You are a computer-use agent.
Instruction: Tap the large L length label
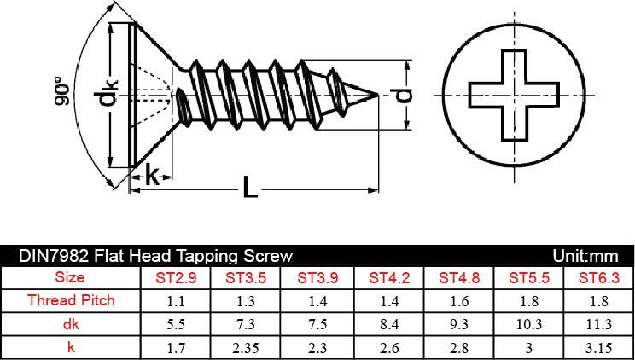249,187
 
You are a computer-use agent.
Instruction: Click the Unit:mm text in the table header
585,255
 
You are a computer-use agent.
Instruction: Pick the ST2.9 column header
175,277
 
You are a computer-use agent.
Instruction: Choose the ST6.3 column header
598,277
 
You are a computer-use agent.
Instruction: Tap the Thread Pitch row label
71,300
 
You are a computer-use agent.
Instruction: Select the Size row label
71,277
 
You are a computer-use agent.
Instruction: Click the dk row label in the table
71,324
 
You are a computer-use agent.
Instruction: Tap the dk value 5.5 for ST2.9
175,324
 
